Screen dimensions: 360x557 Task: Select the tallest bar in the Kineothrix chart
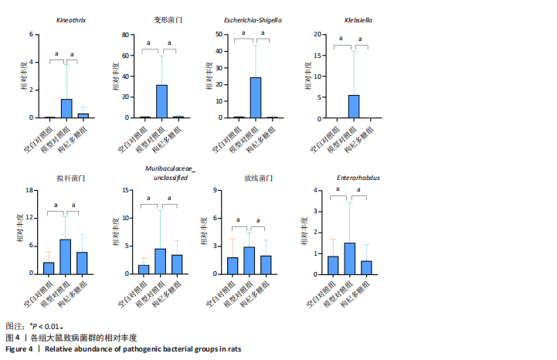pyautogui.click(x=66, y=109)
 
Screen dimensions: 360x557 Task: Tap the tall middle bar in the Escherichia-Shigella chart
pyautogui.click(x=254, y=98)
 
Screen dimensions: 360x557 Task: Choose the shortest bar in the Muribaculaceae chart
pyautogui.click(x=144, y=269)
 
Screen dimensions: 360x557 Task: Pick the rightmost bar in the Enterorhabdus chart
pyautogui.click(x=366, y=267)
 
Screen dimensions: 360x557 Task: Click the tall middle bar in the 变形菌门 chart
pyautogui.click(x=162, y=101)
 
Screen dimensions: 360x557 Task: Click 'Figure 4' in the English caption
pyautogui.click(x=19, y=349)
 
